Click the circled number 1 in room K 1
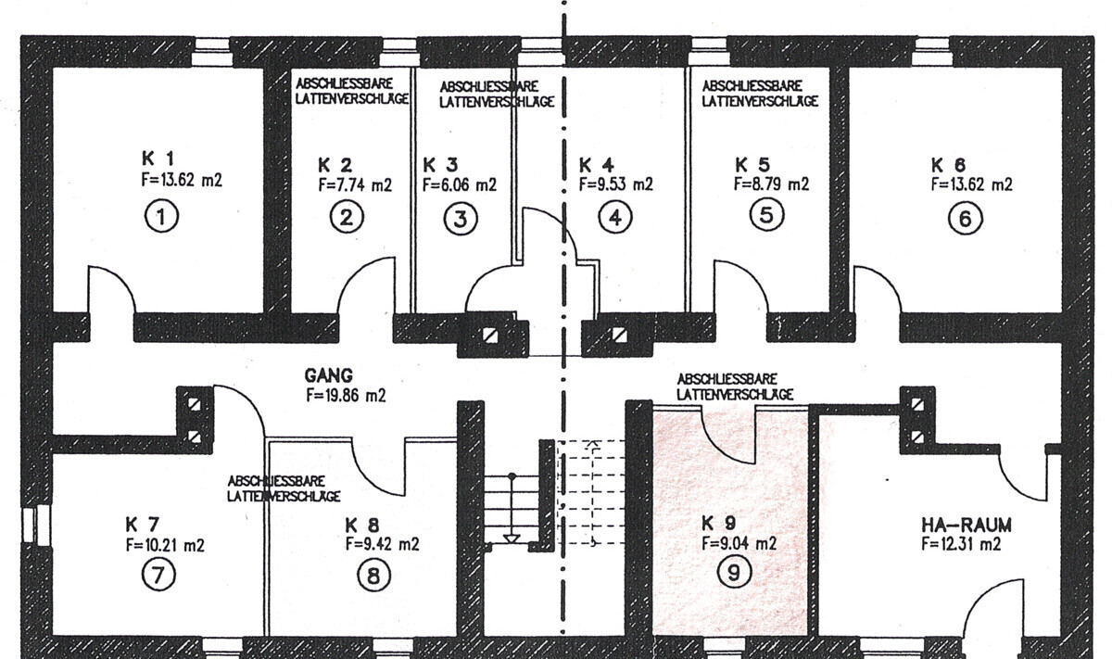tap(161, 217)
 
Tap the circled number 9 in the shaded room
tap(733, 573)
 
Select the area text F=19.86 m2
tap(346, 395)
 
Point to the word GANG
tap(329, 375)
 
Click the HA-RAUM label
tap(966, 525)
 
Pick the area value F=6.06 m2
tap(460, 184)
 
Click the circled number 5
tap(766, 215)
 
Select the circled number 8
tap(373, 577)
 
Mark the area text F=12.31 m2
tap(961, 544)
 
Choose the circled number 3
tap(461, 219)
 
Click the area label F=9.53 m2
tap(615, 184)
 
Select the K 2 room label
tap(335, 164)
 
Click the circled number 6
tap(965, 219)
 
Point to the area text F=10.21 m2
tap(165, 545)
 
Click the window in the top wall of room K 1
tap(212, 52)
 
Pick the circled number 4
tap(615, 218)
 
